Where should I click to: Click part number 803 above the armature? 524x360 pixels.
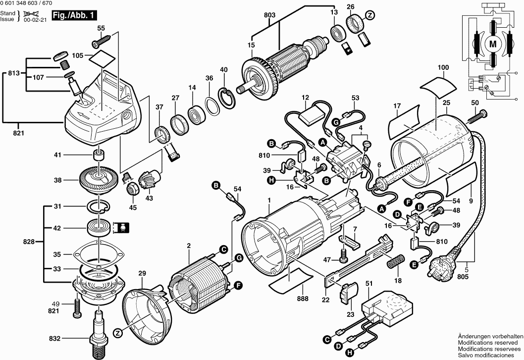[269, 16]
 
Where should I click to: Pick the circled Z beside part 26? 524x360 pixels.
[369, 16]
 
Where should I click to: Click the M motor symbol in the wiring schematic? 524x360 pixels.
[493, 44]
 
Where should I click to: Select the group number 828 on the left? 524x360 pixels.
[29, 242]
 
